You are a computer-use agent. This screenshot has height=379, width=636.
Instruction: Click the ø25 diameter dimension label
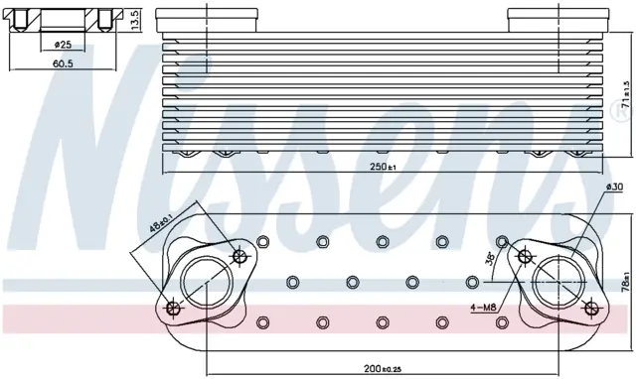[63, 44]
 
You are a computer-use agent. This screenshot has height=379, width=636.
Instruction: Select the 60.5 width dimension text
[63, 63]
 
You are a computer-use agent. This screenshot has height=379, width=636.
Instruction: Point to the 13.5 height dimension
[135, 19]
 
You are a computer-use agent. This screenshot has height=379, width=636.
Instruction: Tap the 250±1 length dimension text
[383, 167]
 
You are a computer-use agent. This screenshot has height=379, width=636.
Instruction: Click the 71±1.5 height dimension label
[627, 94]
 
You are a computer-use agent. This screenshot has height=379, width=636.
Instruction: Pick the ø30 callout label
[614, 188]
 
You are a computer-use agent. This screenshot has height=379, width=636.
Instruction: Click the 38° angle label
[489, 258]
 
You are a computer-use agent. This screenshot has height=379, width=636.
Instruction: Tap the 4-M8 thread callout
[483, 309]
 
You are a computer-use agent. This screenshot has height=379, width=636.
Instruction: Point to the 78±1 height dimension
[627, 282]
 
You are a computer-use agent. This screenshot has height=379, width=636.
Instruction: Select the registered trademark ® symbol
[620, 110]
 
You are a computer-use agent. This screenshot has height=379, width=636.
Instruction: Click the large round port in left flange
[207, 282]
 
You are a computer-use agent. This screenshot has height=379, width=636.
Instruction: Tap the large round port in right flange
[558, 282]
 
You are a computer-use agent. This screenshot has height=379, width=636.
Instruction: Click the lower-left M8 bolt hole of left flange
[174, 309]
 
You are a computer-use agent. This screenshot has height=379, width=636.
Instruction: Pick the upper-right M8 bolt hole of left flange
[239, 256]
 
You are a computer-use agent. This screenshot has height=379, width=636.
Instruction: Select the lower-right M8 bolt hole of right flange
[592, 309]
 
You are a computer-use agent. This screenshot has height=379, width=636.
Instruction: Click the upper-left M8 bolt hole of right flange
[526, 256]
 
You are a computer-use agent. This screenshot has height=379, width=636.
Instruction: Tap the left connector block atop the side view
[207, 20]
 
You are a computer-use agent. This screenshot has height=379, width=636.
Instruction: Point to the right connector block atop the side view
[558, 20]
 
